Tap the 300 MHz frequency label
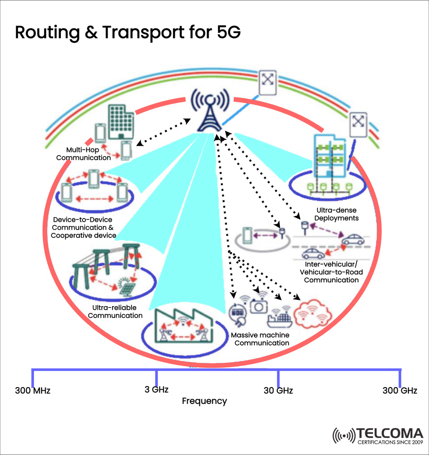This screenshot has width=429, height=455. point(33,391)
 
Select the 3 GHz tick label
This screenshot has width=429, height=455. point(156,389)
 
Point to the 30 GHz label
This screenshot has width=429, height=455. point(278,391)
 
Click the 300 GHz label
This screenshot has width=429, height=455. point(400,391)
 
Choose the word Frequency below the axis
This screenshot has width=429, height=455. point(204,401)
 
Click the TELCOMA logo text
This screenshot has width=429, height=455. point(390,433)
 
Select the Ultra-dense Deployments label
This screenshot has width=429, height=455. point(337,214)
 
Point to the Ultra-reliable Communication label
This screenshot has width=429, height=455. point(115,312)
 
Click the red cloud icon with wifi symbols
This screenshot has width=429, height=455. point(314,314)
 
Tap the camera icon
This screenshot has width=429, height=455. point(259,306)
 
